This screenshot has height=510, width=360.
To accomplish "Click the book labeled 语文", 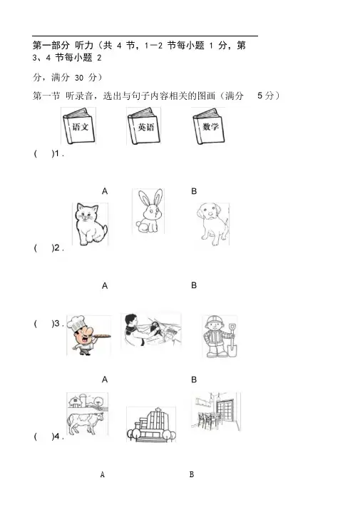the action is (x=78, y=126).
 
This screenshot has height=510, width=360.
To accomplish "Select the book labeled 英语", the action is (x=144, y=126).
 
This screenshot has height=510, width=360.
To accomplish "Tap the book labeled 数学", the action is (x=209, y=126).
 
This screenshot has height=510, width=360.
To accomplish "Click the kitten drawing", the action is (x=91, y=224).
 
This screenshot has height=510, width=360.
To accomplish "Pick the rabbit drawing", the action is (x=148, y=211).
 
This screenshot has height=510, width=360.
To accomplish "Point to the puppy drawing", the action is (x=212, y=224).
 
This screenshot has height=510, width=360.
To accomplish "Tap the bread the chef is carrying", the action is (x=98, y=336).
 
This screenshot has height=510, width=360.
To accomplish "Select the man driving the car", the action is (x=133, y=329).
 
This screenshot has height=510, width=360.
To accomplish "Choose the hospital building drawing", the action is (x=151, y=424).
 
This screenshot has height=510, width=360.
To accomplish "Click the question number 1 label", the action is (x=56, y=154).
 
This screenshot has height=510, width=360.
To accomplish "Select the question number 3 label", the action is (x=56, y=324).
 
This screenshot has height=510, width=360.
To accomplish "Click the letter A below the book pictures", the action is (x=105, y=191).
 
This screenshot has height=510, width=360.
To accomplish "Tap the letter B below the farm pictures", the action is (x=192, y=474).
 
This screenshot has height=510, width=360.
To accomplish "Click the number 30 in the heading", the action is (x=79, y=78).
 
